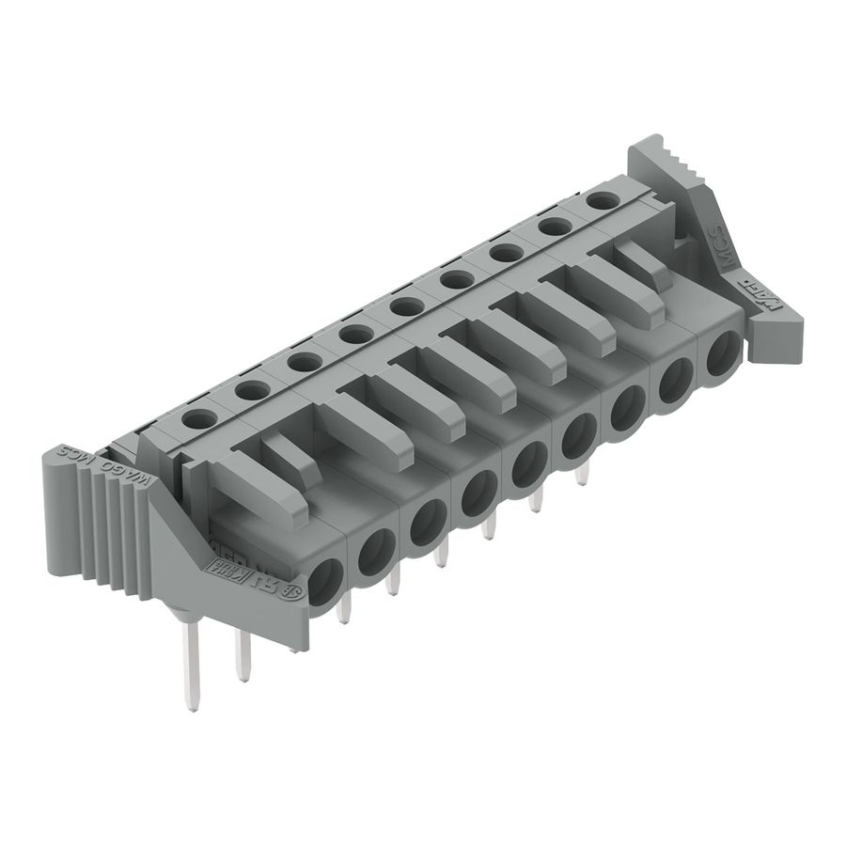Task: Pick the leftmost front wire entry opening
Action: pyautogui.click(x=326, y=578)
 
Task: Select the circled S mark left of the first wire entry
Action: pyautogui.click(x=293, y=591)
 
